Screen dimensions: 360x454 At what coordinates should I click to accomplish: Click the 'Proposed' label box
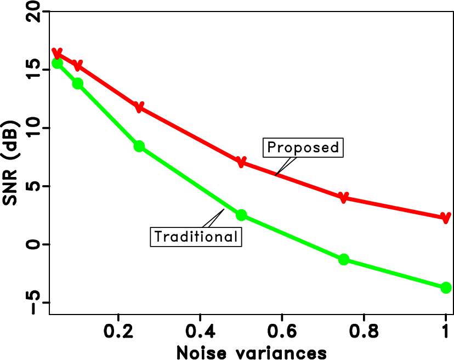click(303, 148)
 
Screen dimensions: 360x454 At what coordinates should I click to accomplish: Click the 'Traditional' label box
click(196, 237)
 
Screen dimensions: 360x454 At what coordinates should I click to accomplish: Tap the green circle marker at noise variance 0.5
click(241, 215)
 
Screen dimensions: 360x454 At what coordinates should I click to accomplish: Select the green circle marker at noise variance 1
click(446, 288)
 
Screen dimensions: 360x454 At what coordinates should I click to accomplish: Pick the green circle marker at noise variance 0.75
click(344, 259)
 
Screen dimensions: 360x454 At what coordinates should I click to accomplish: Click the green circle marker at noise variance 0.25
click(139, 146)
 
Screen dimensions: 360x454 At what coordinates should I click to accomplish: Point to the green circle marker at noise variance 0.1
click(77, 83)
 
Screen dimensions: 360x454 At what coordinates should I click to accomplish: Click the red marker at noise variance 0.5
click(241, 162)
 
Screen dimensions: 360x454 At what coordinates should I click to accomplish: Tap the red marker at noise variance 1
click(446, 218)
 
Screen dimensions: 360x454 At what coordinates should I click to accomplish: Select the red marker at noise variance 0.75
click(344, 197)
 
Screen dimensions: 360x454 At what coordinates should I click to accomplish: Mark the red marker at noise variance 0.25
click(139, 106)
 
